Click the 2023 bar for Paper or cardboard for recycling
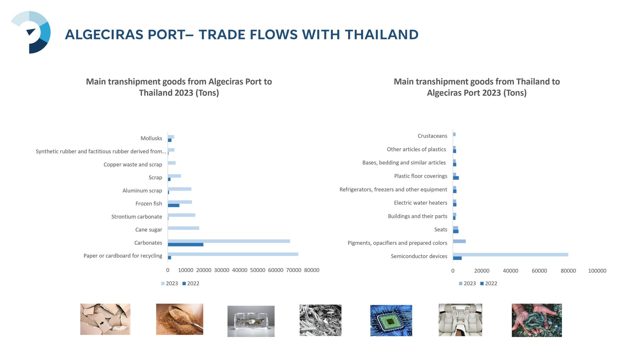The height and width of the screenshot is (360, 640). click(x=233, y=254)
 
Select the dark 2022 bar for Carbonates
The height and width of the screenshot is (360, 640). click(x=186, y=244)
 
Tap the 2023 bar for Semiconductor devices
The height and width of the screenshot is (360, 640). click(x=510, y=255)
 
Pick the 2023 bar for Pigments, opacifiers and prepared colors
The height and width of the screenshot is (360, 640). click(x=459, y=241)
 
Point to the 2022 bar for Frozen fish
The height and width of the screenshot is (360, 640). click(x=173, y=205)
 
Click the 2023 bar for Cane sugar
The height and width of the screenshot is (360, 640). click(x=183, y=228)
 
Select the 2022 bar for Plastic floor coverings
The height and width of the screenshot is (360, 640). click(x=456, y=178)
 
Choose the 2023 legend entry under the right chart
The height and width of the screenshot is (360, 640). click(x=467, y=283)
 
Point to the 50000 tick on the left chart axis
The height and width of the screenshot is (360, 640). click(x=257, y=270)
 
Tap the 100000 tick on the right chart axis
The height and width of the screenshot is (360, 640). click(x=597, y=271)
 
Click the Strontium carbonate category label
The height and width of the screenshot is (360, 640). click(x=137, y=217)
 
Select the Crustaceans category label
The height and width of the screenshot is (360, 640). click(x=432, y=136)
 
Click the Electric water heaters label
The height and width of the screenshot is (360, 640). click(x=421, y=203)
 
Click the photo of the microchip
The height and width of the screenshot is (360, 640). click(x=391, y=321)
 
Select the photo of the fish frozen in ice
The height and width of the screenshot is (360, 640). click(x=251, y=321)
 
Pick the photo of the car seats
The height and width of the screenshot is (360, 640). click(x=460, y=320)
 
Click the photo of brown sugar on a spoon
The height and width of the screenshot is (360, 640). click(x=180, y=319)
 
